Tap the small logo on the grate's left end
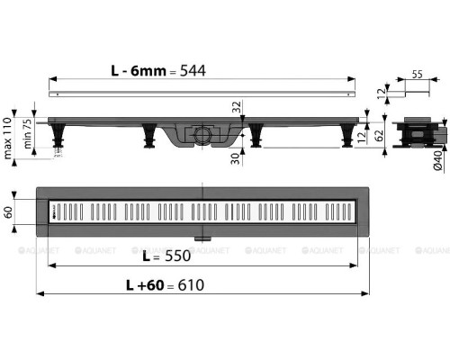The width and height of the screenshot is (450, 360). point(55,213)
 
